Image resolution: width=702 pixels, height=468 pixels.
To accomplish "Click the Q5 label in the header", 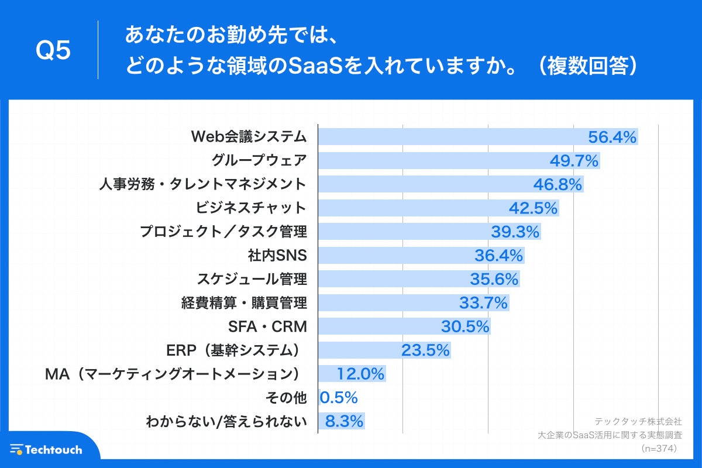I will point(53,51).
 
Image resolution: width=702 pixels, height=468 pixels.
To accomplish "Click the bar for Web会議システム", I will point(450,137).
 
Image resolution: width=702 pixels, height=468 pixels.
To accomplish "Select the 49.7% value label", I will point(574,161).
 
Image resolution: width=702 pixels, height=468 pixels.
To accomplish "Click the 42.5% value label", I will point(534,208).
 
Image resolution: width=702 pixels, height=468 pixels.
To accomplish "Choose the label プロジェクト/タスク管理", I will point(223,232).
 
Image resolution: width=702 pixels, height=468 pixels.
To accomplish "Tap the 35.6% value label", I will point(494,280).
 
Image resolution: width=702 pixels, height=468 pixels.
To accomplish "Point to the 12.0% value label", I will point(360,374).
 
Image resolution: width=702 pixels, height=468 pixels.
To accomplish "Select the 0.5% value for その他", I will point(339,398).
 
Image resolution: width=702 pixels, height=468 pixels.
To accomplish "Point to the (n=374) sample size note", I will point(659,449).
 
